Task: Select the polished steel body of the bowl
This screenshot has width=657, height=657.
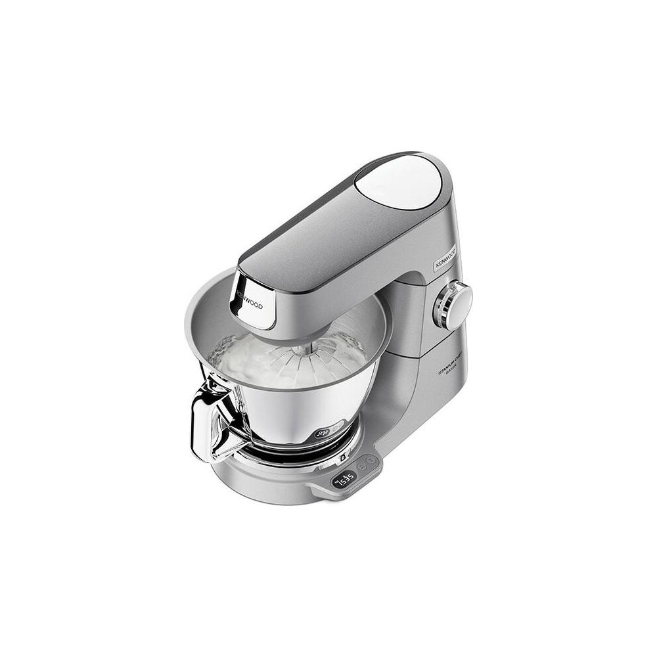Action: pyautogui.click(x=296, y=414)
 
